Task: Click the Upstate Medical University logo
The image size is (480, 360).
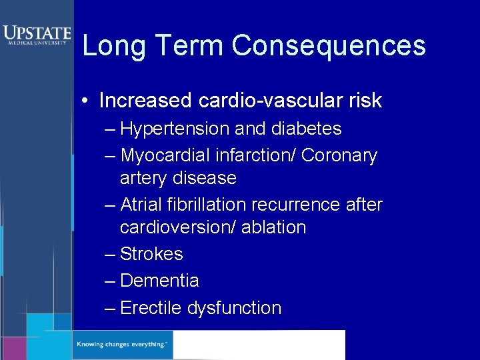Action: pyautogui.click(x=36, y=35)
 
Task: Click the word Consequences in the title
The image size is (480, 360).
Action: pyautogui.click(x=329, y=46)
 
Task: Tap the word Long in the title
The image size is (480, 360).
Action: pyautogui.click(x=109, y=46)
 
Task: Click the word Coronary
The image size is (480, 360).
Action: pyautogui.click(x=339, y=156)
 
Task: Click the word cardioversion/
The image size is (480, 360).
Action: pyautogui.click(x=175, y=227)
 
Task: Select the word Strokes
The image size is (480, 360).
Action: pyautogui.click(x=151, y=254)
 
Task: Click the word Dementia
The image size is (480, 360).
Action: pyautogui.click(x=159, y=281)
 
